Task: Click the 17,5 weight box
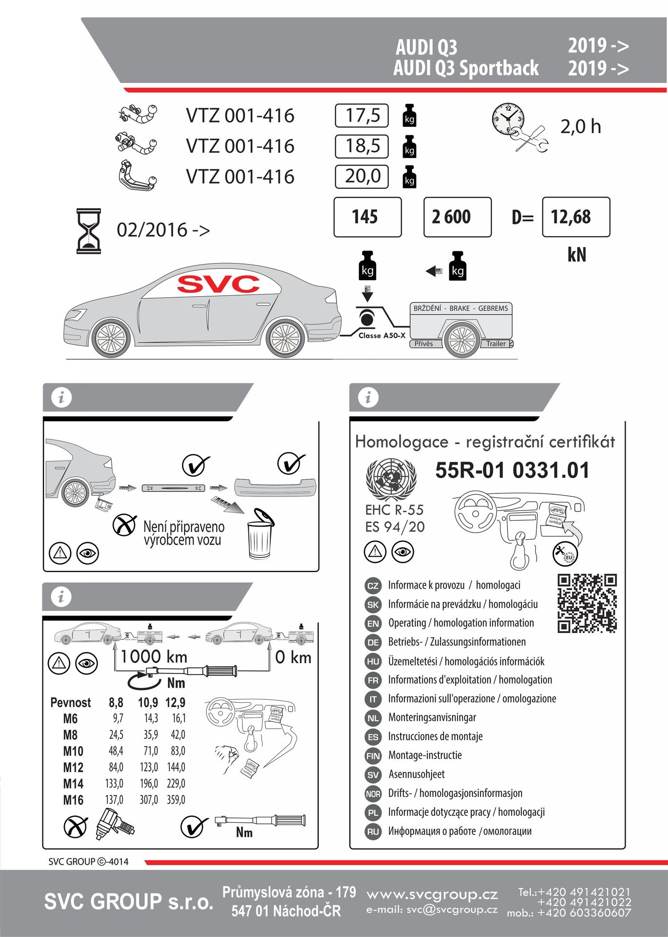click(362, 116)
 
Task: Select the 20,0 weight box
click(362, 176)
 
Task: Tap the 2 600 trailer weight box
click(457, 217)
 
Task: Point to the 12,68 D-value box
click(576, 217)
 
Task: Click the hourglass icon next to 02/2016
click(88, 231)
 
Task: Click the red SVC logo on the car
click(218, 284)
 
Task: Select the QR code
click(587, 603)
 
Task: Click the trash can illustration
click(260, 535)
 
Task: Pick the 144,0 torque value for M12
click(176, 767)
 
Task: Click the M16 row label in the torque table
click(73, 800)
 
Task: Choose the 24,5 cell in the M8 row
click(116, 735)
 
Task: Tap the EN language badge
click(373, 623)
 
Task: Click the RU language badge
click(373, 832)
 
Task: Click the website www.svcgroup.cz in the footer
click(432, 895)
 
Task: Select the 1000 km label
click(154, 656)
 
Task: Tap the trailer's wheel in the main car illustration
click(462, 340)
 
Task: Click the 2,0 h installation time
click(580, 126)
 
